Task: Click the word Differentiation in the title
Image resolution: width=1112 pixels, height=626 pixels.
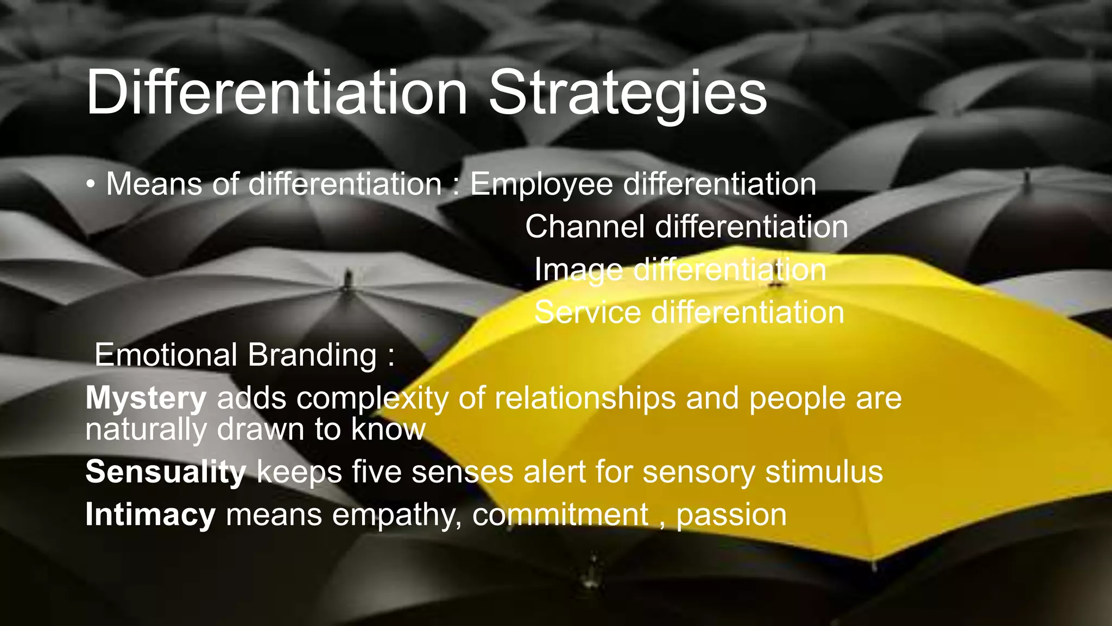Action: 276,92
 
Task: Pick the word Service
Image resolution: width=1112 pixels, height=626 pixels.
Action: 587,312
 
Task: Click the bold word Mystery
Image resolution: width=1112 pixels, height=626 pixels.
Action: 146,399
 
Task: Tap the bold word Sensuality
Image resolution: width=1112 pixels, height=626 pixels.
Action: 166,471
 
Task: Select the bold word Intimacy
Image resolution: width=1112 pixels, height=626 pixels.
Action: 150,514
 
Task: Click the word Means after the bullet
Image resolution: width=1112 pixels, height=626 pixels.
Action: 154,184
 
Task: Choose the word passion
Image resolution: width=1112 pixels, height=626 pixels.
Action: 731,515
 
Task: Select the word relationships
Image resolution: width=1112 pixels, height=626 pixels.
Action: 585,398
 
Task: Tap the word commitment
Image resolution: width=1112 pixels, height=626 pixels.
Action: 560,514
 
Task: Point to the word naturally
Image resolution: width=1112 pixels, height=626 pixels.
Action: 146,430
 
